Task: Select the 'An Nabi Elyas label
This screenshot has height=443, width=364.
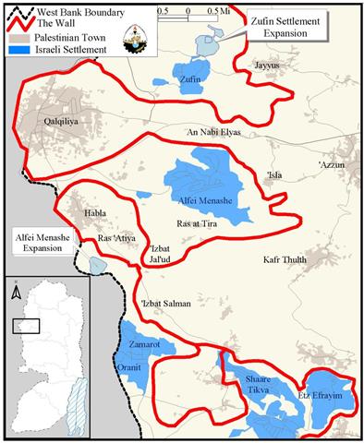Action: coord(213,133)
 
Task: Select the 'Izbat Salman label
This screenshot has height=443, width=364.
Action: coord(168,305)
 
